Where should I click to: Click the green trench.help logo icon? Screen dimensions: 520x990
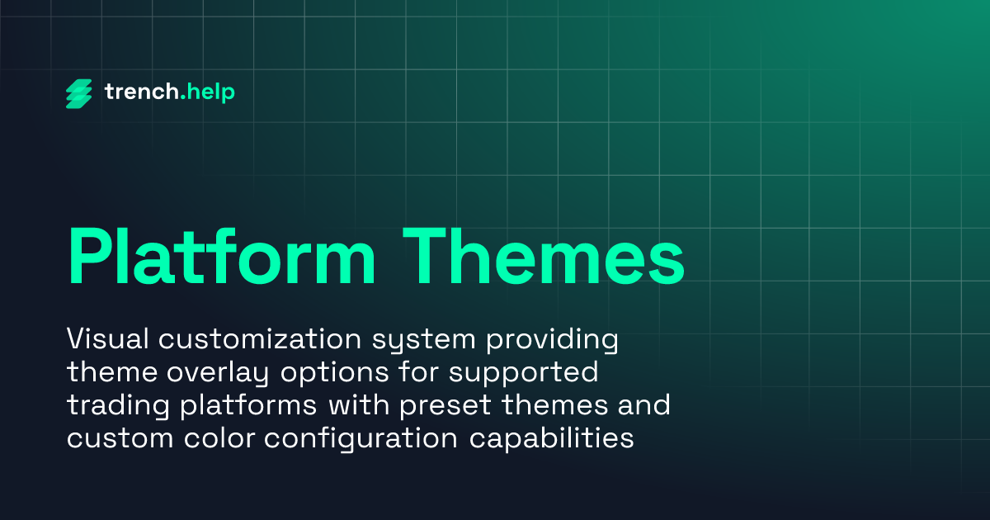pyautogui.click(x=80, y=93)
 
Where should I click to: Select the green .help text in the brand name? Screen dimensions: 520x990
pyautogui.click(x=207, y=92)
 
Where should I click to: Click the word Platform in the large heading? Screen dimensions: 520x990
pyautogui.click(x=222, y=253)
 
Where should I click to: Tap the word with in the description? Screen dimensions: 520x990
pyautogui.click(x=356, y=406)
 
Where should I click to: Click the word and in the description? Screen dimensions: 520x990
pyautogui.click(x=643, y=406)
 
